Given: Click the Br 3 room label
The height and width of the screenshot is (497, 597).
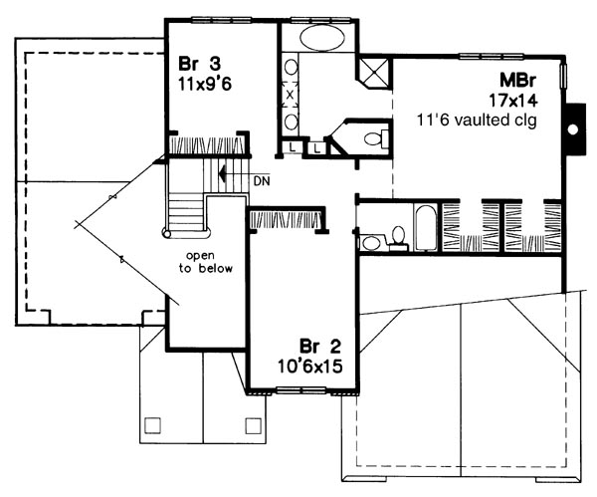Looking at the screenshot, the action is tap(200, 64).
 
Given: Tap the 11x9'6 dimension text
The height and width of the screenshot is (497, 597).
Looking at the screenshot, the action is tap(205, 84).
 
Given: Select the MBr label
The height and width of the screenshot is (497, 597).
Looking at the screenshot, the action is tap(517, 81).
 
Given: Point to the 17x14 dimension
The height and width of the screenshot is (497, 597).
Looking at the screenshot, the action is tap(513, 101).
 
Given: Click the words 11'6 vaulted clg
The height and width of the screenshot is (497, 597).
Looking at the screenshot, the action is tap(477, 121).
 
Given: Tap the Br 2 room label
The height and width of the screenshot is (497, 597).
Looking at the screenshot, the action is tap(320, 347).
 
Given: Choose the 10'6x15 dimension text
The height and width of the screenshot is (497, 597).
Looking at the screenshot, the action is tap(309, 367).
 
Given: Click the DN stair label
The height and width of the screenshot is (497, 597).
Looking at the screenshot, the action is tap(262, 181).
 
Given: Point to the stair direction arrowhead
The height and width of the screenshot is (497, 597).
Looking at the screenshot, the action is tap(223, 174).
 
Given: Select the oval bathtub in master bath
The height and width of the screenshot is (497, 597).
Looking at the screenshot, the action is tap(322, 38).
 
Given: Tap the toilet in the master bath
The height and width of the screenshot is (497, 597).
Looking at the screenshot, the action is tap(376, 138).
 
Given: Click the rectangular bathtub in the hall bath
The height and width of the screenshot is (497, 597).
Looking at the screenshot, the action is tap(426, 228).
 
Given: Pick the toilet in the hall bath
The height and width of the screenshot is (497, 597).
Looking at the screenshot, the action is tap(398, 239).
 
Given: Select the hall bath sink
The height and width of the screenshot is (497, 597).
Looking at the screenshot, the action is tap(370, 243).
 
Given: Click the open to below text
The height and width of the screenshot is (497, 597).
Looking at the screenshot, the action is tap(206, 262).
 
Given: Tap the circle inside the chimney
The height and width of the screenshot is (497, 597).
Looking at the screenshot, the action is tap(572, 129).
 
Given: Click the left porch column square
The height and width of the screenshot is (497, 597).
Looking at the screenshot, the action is tap(153, 425).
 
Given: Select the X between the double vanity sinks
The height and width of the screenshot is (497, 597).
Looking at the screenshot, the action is tap(291, 95).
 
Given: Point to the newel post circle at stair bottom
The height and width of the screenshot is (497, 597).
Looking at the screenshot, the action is tap(166, 232).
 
